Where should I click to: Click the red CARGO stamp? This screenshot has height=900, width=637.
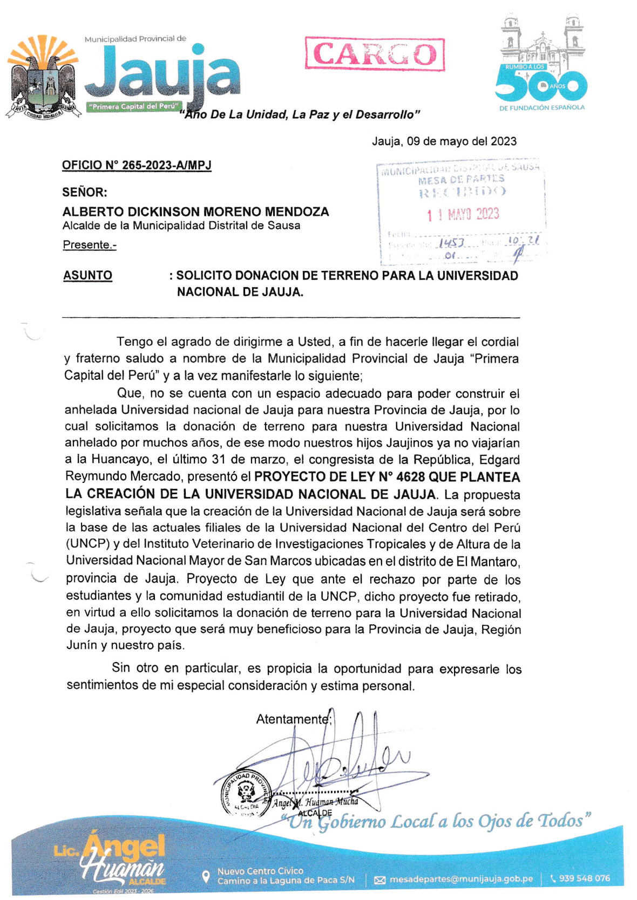click(x=375, y=54)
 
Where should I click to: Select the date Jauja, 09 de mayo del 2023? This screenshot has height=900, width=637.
click(x=444, y=141)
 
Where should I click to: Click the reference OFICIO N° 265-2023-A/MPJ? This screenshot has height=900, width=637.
click(x=137, y=165)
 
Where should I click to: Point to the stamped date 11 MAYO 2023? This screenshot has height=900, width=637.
click(x=463, y=214)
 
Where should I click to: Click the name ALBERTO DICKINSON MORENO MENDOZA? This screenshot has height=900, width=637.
click(x=195, y=212)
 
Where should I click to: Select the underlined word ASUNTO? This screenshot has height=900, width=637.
click(x=87, y=275)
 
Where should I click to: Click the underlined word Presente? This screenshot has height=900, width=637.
click(x=89, y=244)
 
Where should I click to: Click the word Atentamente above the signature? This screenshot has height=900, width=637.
click(x=292, y=719)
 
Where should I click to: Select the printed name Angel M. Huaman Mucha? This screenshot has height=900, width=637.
click(x=315, y=802)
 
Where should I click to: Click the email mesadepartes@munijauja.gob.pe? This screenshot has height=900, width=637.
click(x=461, y=879)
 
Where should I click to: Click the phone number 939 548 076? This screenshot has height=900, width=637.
click(x=584, y=878)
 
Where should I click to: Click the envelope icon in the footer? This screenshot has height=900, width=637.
click(x=380, y=880)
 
